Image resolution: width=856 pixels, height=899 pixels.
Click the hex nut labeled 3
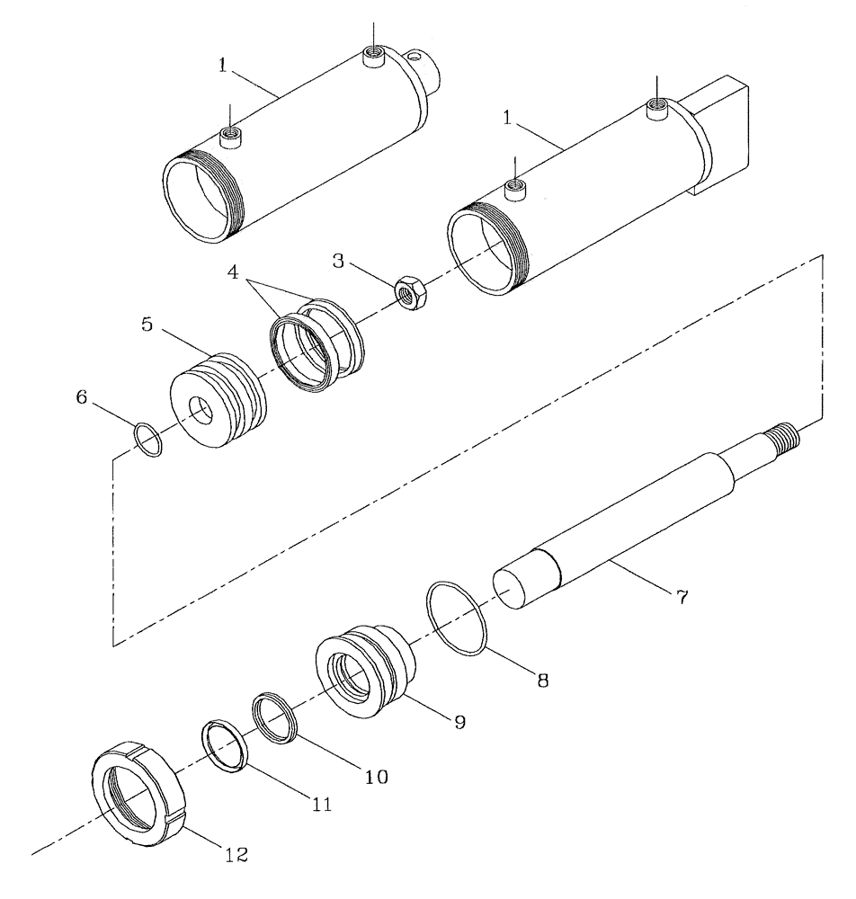click(413, 293)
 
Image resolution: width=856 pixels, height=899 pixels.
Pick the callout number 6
click(81, 398)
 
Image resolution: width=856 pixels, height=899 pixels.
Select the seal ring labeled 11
click(223, 744)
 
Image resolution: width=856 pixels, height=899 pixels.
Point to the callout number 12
click(236, 850)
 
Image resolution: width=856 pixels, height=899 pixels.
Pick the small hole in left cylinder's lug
click(414, 59)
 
